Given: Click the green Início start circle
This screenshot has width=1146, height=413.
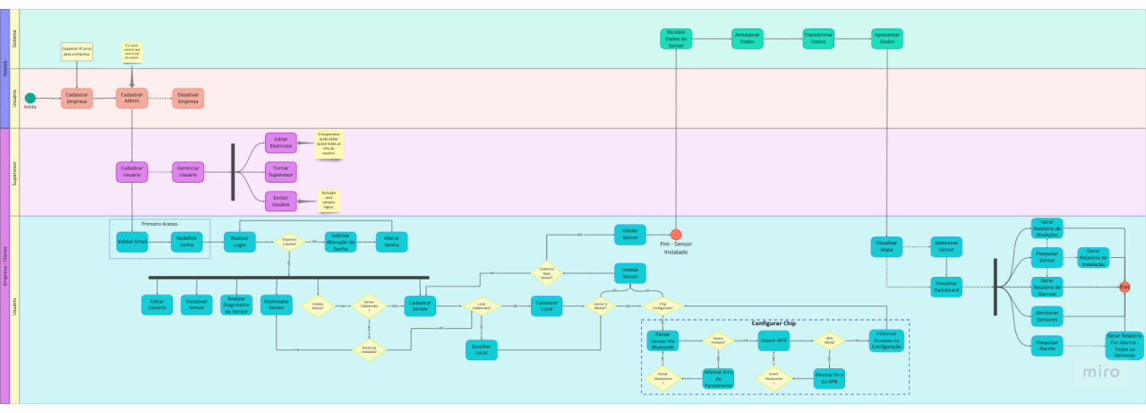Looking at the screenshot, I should tap(30, 98).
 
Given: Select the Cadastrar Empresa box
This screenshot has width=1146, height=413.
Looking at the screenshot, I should tap(77, 98).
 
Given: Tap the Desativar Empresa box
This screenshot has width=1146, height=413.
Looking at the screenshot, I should tap(188, 98).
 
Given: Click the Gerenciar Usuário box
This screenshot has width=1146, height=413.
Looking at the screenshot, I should tap(188, 171).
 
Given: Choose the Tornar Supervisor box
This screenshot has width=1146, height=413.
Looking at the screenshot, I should tap(281, 171).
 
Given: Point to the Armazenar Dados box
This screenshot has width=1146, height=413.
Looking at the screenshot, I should tap(748, 39).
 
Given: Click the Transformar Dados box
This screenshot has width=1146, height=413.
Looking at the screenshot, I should tap(818, 39).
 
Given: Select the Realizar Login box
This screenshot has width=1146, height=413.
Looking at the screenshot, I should tap(240, 242).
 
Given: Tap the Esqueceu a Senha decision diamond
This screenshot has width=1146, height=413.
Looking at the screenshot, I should tap(289, 242).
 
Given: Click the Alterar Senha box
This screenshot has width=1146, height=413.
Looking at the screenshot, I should tap(391, 242).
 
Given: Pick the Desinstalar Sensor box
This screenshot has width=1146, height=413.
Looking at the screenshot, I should tap(277, 305).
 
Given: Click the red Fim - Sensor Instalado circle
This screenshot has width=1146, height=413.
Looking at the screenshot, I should tap(676, 235).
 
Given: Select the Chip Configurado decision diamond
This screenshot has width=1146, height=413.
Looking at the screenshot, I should tap(663, 305).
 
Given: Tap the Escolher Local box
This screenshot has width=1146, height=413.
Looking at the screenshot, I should tap(481, 349).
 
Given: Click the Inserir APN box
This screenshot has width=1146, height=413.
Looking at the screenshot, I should tap(774, 340).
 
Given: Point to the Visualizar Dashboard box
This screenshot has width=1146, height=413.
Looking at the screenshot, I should tap(946, 287).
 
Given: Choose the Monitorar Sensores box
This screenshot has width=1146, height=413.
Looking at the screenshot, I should tap(1047, 315).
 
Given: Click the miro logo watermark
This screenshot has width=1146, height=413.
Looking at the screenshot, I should tap(1101, 372).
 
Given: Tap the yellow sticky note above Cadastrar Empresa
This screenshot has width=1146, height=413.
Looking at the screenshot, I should tap(77, 51).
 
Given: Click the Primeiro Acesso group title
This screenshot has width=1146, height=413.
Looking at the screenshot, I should tap(159, 224).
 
